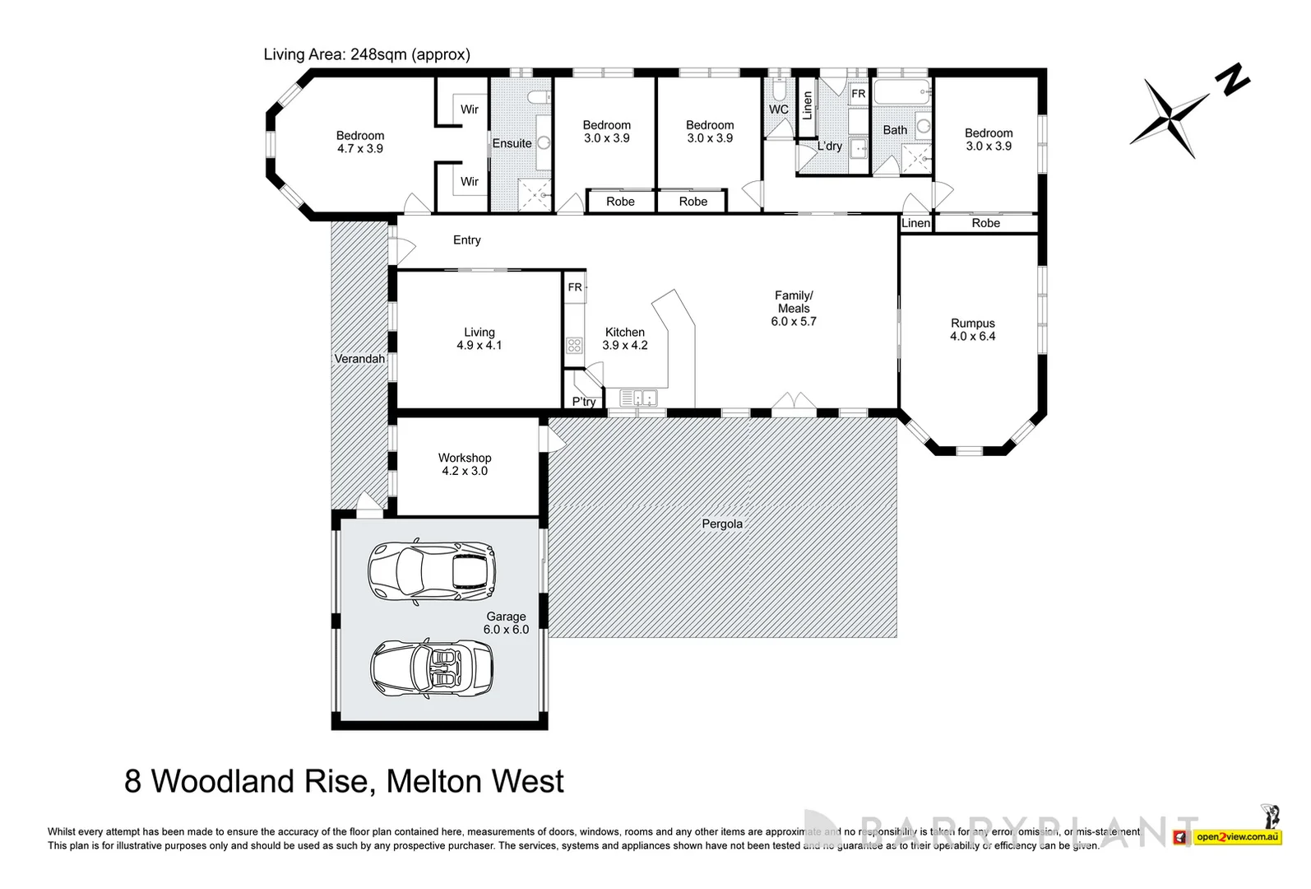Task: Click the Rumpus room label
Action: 972,329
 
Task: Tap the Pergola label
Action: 721,524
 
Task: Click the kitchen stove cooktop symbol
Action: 574,345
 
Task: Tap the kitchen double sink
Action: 639,398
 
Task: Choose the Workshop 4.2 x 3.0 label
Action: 464,464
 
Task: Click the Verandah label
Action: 359,359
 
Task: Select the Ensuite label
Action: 512,143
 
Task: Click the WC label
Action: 778,109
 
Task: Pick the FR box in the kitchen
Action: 575,287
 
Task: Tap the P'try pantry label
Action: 583,402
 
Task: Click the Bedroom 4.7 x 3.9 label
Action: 359,142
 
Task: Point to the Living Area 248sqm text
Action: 367,54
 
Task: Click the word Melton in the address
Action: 434,780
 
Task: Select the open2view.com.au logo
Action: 1237,837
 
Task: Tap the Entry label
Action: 466,240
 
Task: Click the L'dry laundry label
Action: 829,147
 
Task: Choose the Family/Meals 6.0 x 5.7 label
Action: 793,308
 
